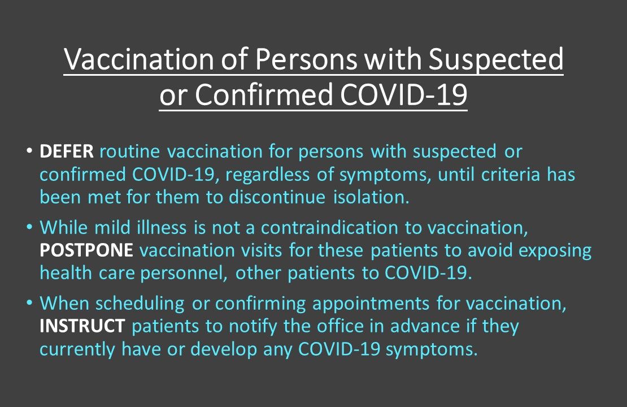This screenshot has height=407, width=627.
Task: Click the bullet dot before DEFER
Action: [29, 153]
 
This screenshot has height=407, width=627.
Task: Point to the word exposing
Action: [552, 251]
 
